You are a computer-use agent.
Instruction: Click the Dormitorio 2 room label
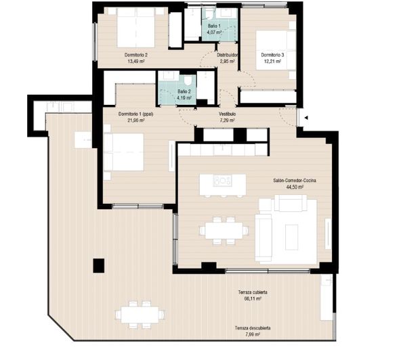pos(136,55)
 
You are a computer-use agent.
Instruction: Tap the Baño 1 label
pos(214,26)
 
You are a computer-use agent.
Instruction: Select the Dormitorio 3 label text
pos(272,55)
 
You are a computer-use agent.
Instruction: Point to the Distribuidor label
pos(227,55)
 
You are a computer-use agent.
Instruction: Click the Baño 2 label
pos(184,91)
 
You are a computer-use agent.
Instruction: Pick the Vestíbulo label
pos(228,114)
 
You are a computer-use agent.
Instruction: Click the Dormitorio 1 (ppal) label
pos(135,114)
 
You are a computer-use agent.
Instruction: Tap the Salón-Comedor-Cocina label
pos(295,181)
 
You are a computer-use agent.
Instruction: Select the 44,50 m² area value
pos(295,187)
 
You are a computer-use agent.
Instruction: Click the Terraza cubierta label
pos(253,292)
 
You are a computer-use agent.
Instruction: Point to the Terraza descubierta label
pos(253,328)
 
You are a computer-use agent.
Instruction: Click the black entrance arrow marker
pos(306,118)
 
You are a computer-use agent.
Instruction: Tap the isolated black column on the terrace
pos(99,265)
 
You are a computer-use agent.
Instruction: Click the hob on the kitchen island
pos(222,181)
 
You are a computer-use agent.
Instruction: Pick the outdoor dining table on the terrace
pos(140,315)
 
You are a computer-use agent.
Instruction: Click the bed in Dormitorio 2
pos(136,27)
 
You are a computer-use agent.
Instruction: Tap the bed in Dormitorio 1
pos(124,152)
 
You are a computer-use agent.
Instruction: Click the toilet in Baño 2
pos(188,81)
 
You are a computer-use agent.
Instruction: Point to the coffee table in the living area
pos(292,237)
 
